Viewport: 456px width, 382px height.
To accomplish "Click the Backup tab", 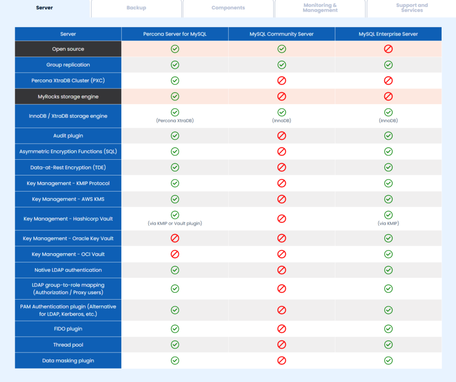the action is click(136, 8).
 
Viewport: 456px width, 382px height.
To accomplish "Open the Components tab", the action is click(228, 8).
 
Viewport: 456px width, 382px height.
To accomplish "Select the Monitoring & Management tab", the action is click(320, 8).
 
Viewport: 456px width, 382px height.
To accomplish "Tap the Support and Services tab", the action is click(412, 8).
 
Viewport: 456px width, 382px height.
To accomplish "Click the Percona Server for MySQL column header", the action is click(175, 34).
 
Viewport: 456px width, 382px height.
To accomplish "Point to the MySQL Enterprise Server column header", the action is click(388, 34).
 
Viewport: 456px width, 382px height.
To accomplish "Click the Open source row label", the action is click(68, 49).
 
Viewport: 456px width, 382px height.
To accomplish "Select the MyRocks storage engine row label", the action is click(68, 97).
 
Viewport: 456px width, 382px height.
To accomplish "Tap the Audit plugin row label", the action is click(68, 136).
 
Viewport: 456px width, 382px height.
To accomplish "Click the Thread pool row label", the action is click(68, 345).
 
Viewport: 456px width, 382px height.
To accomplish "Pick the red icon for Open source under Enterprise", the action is click(388, 49).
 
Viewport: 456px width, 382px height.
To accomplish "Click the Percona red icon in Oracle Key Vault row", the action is click(175, 238).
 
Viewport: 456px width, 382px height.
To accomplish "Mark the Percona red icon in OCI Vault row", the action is click(175, 254).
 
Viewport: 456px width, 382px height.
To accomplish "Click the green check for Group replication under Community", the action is click(282, 65).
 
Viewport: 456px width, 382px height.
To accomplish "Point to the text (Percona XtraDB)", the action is click(175, 120).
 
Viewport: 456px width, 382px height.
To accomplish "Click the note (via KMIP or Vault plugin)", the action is click(175, 223).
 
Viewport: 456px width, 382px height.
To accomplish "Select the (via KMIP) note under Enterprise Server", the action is click(388, 223).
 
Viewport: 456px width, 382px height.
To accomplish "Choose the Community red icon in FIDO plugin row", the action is click(282, 329).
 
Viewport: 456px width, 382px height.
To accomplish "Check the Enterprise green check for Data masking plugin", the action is click(388, 360).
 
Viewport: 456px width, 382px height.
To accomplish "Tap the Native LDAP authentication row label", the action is click(68, 270).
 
